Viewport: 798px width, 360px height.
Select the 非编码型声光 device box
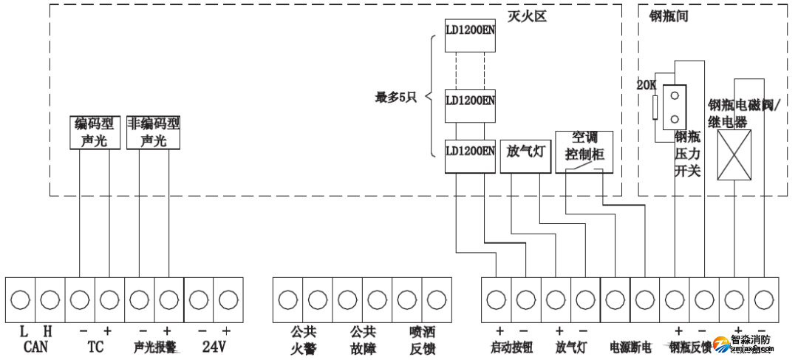154,132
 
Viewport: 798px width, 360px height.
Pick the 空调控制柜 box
584,152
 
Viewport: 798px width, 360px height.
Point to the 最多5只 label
397,97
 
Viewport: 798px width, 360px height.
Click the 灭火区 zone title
527,15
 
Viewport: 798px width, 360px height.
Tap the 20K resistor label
647,85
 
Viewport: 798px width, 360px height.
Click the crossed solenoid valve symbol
734,154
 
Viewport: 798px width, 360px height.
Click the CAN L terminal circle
21,299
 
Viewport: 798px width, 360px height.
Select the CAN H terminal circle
50,299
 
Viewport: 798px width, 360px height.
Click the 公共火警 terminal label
303,340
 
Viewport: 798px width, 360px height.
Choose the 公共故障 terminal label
363,340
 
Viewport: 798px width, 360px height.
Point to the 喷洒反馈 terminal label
422,340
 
